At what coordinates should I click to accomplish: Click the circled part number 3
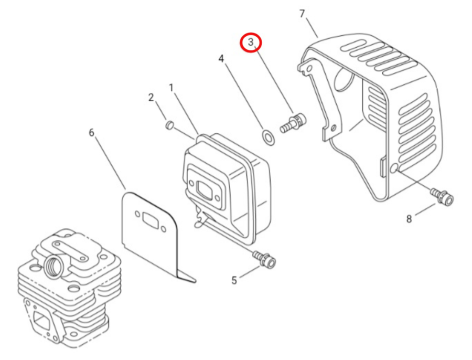pos(251,42)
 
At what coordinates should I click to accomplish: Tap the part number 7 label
pos(302,14)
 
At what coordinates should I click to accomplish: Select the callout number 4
pos(221,58)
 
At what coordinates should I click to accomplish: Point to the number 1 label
pos(171,88)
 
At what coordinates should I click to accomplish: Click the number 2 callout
pos(151,97)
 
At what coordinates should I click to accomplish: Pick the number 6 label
pos(91,133)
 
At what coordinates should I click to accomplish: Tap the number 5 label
pos(234,280)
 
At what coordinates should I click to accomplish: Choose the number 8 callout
pos(409,219)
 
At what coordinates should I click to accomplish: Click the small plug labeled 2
pos(170,125)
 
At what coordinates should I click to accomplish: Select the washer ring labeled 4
pos(267,137)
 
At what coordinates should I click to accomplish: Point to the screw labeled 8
pos(442,196)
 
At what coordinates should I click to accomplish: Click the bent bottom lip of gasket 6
pos(186,276)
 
